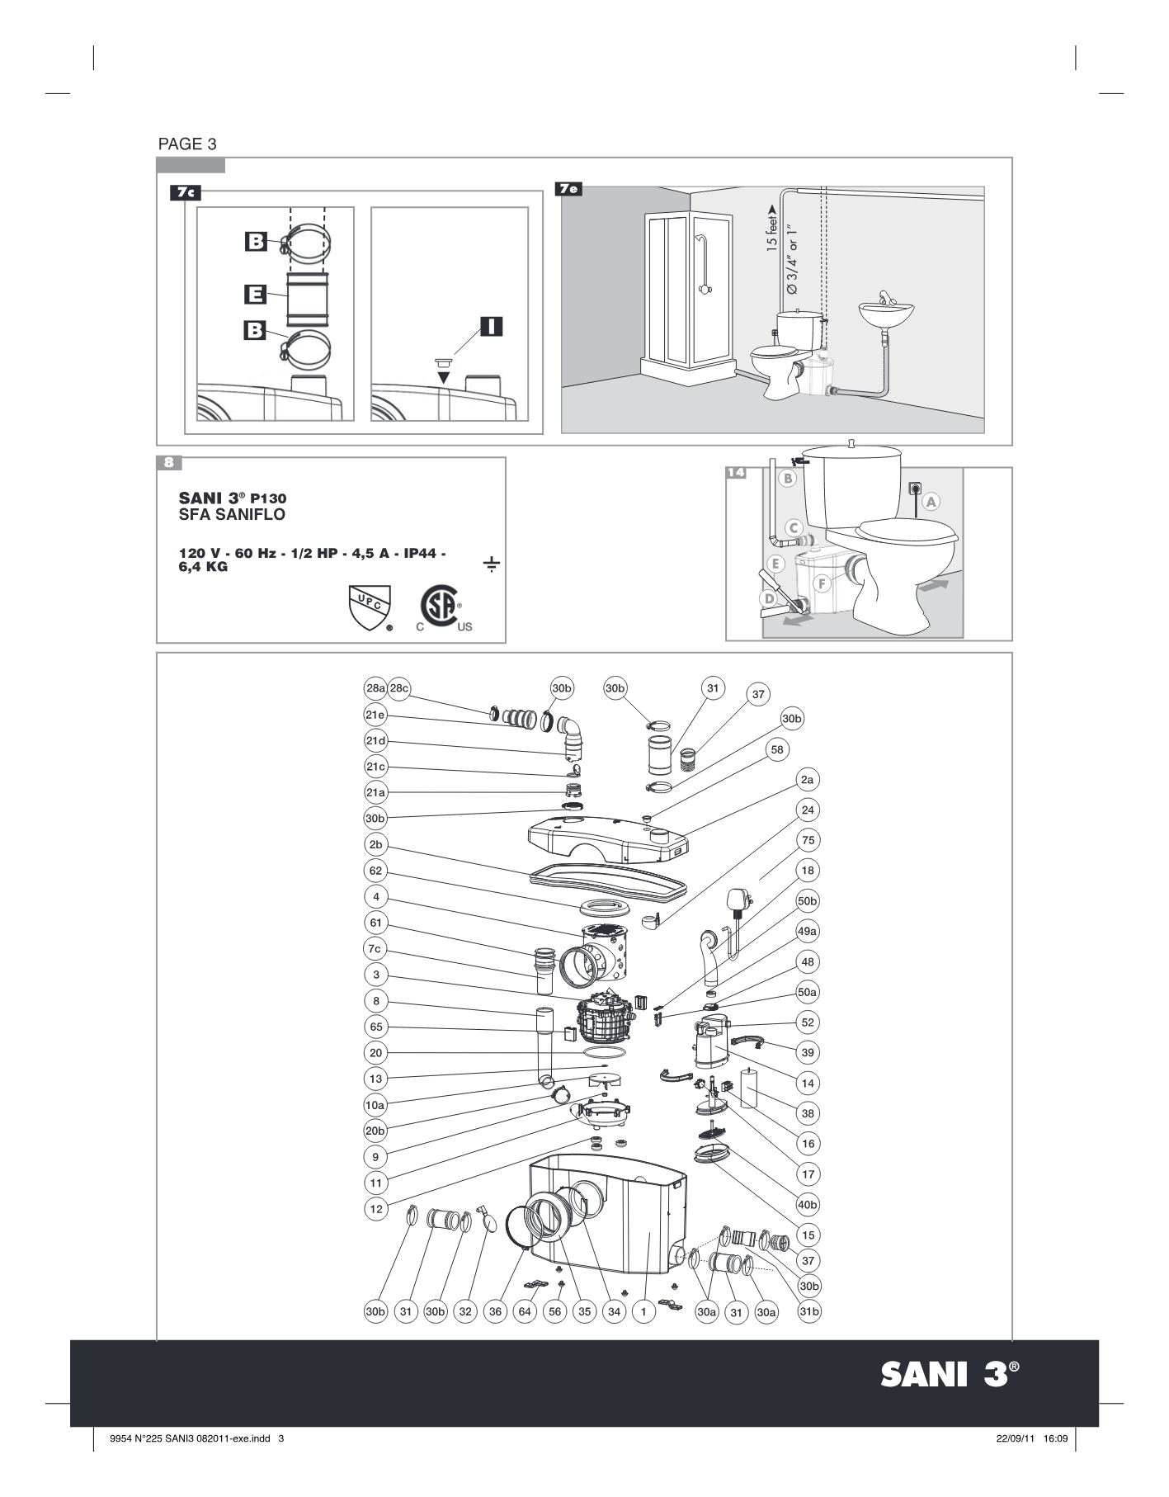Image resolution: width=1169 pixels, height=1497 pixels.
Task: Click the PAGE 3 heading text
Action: click(186, 144)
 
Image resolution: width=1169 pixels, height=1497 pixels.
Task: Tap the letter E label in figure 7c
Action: click(255, 294)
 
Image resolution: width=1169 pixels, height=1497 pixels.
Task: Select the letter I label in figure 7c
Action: click(491, 326)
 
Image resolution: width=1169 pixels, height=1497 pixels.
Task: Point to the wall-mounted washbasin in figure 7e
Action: click(887, 313)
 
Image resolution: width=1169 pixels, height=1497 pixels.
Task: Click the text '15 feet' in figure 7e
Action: click(771, 229)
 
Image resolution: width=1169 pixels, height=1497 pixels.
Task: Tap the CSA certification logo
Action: click(439, 607)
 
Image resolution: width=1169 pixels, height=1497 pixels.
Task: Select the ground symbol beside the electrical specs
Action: click(491, 565)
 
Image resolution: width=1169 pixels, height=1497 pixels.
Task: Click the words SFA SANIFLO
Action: click(232, 515)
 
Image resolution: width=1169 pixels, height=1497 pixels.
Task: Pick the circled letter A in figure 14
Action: click(931, 501)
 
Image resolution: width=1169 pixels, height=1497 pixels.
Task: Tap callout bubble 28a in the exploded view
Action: click(375, 688)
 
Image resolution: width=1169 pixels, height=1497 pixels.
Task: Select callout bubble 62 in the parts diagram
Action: click(375, 870)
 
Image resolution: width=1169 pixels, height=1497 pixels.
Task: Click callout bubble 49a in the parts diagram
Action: click(807, 931)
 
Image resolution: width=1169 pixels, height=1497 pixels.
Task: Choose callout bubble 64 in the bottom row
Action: click(526, 1311)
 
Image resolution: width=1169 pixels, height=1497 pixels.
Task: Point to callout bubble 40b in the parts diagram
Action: click(808, 1204)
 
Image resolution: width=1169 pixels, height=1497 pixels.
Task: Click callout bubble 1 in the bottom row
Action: click(643, 1311)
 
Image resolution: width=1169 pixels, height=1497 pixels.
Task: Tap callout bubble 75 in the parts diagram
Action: click(808, 840)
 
